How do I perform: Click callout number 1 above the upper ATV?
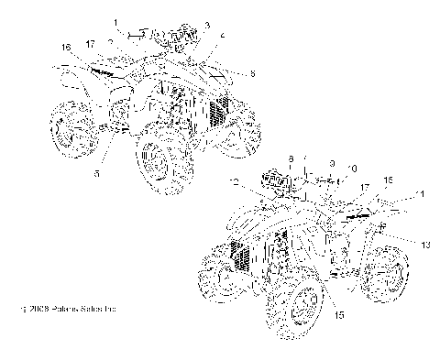(116, 20)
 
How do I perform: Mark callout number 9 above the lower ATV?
(331, 161)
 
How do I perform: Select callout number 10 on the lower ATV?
(352, 169)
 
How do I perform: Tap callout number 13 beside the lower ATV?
(401, 245)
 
